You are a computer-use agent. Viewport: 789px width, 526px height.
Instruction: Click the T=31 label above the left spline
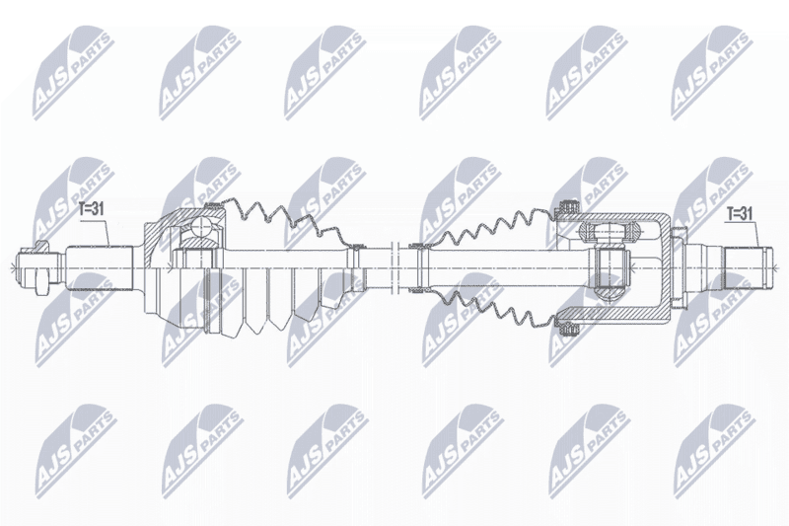[91, 208]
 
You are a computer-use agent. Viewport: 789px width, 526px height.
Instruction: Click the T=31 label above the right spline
[739, 214]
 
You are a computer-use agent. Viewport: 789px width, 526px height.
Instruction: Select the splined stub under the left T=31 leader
[101, 266]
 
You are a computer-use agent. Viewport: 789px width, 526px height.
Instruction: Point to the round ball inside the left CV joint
[203, 226]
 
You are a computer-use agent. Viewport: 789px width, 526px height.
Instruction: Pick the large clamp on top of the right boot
[568, 206]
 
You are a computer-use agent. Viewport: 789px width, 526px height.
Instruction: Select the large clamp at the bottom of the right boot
[568, 329]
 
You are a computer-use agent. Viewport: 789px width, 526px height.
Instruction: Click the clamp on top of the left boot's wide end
[214, 204]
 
